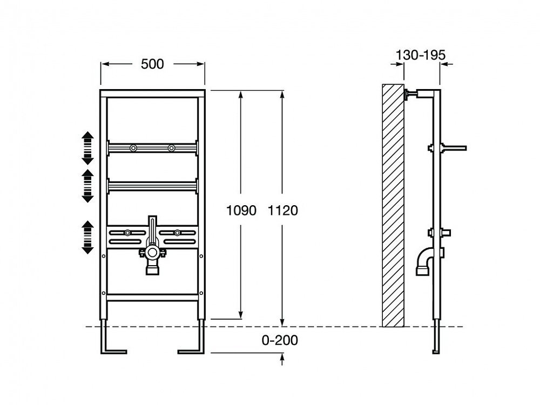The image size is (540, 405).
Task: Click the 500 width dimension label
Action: [x=153, y=64]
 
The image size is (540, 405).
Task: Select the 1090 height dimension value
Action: [x=241, y=211]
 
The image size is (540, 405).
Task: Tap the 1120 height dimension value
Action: [x=283, y=211]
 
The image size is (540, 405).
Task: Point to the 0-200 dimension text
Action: [x=280, y=340]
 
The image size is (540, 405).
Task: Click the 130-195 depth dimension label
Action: [x=421, y=55]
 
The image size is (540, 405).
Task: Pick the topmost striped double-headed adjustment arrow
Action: [x=87, y=148]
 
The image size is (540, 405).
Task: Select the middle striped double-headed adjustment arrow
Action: [x=87, y=186]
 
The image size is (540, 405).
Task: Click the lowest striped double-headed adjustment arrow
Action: [x=87, y=237]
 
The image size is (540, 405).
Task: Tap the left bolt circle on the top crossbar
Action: [x=133, y=148]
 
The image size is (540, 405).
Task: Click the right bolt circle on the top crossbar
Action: [x=171, y=148]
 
